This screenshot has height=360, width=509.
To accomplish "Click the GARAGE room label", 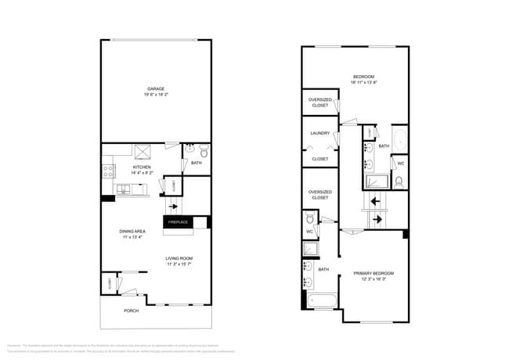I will coord(156,88).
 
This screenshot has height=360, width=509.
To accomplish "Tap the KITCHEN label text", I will coord(141,167).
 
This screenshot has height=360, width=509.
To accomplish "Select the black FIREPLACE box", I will coord(179,222).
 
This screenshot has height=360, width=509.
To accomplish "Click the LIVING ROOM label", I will coord(179,258).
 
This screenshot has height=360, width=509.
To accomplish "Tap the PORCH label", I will coord(131,311).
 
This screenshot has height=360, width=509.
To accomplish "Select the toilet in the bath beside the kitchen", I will coord(203,152).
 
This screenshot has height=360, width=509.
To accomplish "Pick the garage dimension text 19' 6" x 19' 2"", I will coord(156,95).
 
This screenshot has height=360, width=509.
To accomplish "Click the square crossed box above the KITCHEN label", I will coord(142,152).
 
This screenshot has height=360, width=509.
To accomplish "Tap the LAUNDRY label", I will coord(319,133).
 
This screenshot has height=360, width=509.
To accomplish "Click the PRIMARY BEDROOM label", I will coord(374,273).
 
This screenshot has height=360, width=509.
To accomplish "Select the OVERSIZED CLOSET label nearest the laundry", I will coord(319,103).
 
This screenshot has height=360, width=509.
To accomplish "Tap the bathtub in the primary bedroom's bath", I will coord(321,301).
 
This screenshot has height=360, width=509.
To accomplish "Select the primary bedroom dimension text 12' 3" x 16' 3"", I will coord(374,279).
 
